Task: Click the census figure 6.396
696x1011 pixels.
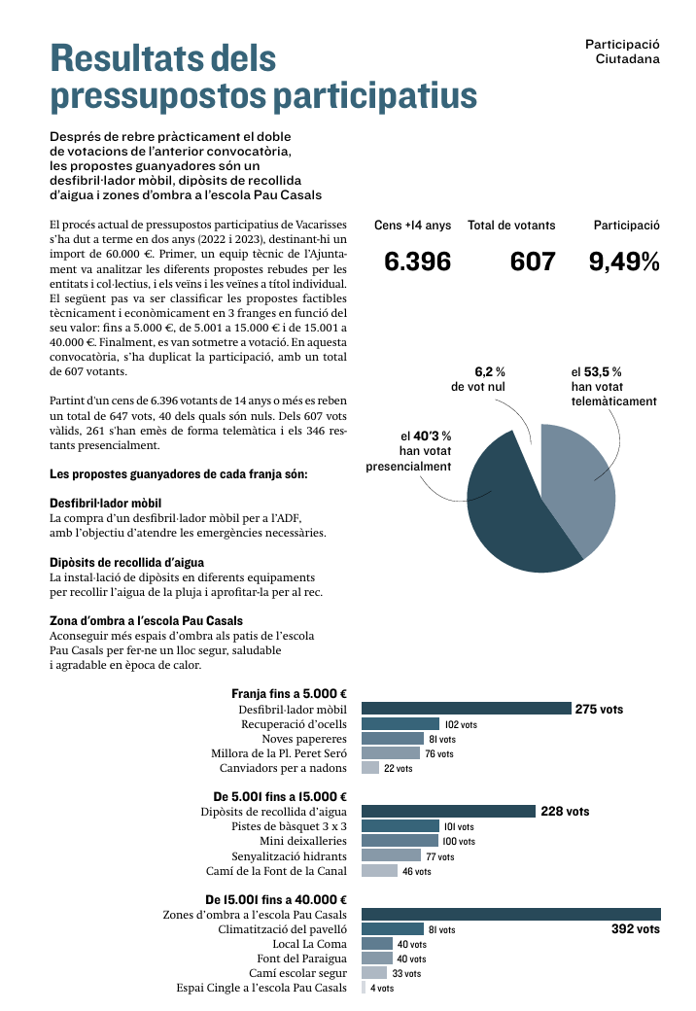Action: [417, 261]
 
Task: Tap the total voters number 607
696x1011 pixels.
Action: [533, 261]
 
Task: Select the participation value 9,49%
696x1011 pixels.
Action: [625, 261]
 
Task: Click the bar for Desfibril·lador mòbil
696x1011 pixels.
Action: [466, 709]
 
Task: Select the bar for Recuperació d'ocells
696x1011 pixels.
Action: [400, 724]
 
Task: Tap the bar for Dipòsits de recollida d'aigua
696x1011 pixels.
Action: [448, 811]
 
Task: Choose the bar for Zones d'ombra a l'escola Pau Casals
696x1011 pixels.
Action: [510, 914]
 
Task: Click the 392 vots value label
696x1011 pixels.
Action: [636, 929]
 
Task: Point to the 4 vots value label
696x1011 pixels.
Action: [382, 988]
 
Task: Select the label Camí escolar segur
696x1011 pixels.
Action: [297, 973]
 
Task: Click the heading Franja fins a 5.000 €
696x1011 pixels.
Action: [289, 694]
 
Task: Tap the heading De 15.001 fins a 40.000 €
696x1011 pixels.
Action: [276, 900]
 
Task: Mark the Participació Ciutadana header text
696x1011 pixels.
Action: [622, 52]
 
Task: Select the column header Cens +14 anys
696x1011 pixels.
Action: [413, 225]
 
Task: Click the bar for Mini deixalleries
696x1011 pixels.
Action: [400, 841]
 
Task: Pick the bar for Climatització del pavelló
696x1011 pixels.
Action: [393, 929]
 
